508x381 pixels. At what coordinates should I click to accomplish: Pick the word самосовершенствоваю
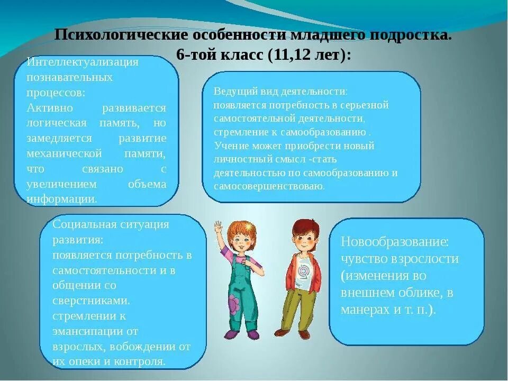(x=269, y=186)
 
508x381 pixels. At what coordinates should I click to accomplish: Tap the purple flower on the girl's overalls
(x=233, y=306)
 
